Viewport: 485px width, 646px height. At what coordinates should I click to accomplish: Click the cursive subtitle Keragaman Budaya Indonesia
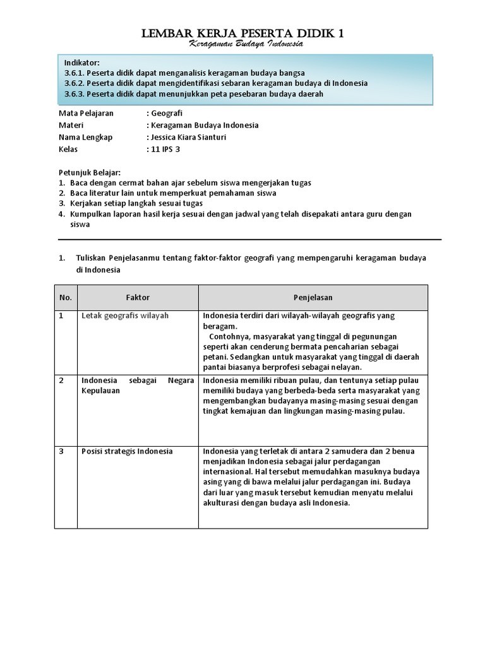click(x=247, y=45)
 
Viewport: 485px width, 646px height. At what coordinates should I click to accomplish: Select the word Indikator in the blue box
click(x=82, y=62)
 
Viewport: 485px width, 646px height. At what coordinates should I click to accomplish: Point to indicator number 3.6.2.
click(x=75, y=83)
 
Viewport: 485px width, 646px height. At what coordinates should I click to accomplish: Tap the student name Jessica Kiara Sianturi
click(x=187, y=137)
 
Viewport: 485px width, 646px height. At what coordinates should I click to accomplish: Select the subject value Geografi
click(x=166, y=114)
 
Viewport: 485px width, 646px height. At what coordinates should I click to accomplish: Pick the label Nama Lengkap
click(x=85, y=137)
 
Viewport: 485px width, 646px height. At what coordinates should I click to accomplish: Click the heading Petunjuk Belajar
click(x=89, y=172)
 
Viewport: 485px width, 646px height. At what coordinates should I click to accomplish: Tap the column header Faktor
click(x=138, y=297)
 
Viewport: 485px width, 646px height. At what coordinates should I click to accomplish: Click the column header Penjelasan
click(x=313, y=297)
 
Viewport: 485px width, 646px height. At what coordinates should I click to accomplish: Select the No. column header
click(x=66, y=297)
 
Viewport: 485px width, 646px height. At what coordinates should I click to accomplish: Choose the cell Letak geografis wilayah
click(x=125, y=315)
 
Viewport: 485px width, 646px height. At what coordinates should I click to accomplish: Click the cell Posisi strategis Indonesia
click(x=127, y=451)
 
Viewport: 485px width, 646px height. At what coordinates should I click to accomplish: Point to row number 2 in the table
click(x=62, y=380)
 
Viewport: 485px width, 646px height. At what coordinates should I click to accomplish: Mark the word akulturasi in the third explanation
click(x=224, y=503)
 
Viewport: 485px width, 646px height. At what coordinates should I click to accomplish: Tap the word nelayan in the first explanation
click(x=344, y=367)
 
